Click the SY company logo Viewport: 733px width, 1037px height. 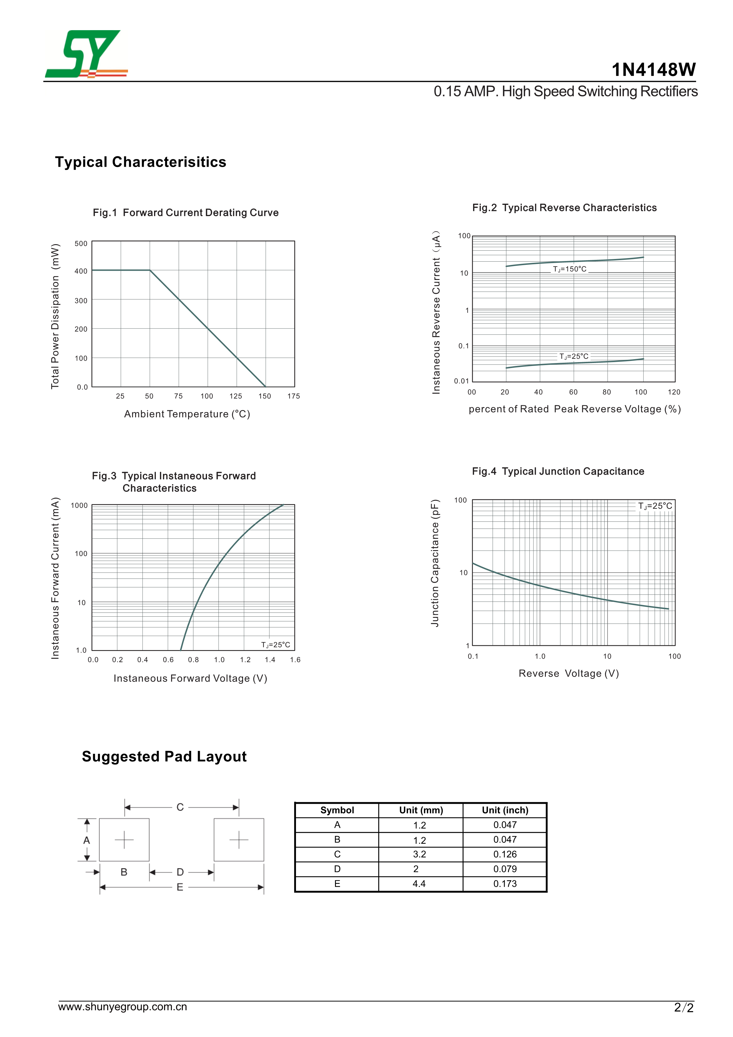(x=86, y=54)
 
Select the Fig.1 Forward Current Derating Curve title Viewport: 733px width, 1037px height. (x=186, y=213)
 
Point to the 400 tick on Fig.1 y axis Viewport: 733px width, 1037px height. (x=81, y=271)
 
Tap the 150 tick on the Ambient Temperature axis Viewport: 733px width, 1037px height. (x=265, y=396)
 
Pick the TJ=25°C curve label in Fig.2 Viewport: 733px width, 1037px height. (x=574, y=356)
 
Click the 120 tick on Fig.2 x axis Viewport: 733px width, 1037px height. (x=674, y=392)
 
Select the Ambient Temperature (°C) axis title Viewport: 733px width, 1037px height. (x=187, y=414)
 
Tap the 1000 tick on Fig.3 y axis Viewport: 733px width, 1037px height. (x=79, y=505)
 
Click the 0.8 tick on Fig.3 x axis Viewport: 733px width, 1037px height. (x=193, y=660)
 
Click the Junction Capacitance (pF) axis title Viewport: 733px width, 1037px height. (x=435, y=563)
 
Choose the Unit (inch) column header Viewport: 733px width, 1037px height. (x=505, y=810)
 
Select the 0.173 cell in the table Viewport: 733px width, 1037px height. (x=505, y=884)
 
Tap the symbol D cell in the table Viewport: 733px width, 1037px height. (x=337, y=869)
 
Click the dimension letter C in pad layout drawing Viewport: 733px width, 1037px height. (x=180, y=807)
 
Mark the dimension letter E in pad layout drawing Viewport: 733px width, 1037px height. (x=180, y=887)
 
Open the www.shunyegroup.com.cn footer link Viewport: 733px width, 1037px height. (x=122, y=1007)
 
